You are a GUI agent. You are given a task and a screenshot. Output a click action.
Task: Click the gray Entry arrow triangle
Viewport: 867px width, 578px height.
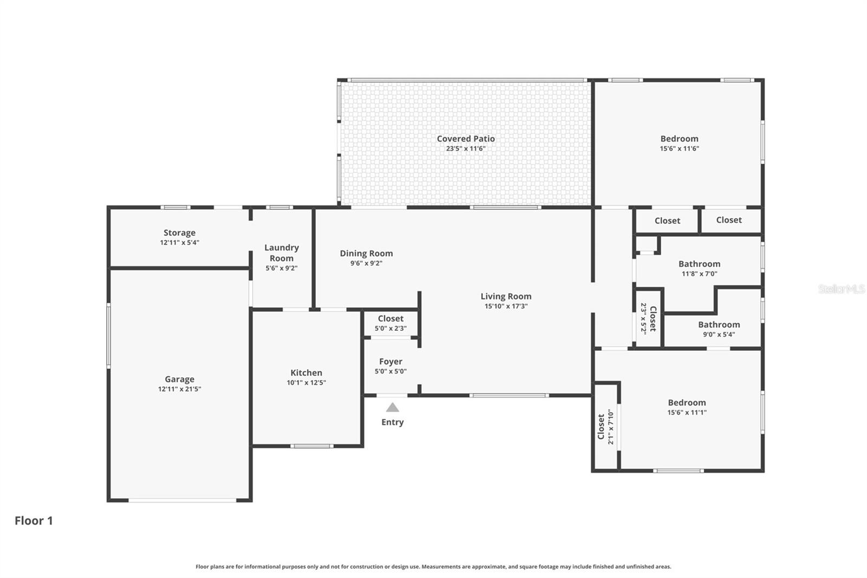[392, 408]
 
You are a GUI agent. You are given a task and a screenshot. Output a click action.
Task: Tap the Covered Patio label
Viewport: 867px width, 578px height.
[465, 139]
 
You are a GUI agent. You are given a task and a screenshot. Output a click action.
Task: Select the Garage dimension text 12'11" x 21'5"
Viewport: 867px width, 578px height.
[179, 389]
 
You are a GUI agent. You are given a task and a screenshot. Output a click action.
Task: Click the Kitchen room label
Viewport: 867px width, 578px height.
[306, 373]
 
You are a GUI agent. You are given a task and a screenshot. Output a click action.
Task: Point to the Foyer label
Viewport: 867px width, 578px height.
[391, 362]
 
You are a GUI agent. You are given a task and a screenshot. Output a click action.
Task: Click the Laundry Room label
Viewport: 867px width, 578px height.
[281, 253]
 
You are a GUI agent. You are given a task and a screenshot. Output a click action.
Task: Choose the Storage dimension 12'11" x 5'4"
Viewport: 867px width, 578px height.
[179, 242]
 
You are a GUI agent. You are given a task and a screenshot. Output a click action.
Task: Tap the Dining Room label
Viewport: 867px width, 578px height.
[366, 253]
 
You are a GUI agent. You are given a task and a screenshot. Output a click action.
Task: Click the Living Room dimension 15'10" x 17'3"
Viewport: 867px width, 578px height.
[506, 306]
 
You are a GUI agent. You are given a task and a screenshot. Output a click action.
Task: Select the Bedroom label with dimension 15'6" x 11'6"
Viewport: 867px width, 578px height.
[679, 139]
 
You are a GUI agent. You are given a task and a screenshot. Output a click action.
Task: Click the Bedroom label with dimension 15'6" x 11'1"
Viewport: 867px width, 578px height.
[687, 402]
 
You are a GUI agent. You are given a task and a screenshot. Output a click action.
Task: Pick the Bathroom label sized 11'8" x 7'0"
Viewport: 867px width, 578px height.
[699, 264]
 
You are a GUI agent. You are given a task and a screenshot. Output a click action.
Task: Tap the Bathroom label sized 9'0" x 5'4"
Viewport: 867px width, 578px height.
[719, 325]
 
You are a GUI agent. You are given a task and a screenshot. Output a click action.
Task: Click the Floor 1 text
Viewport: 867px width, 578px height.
[34, 521]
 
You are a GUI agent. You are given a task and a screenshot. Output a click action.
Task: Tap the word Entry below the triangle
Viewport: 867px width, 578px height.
[392, 422]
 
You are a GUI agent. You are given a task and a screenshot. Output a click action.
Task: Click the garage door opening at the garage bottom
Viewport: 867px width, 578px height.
[182, 500]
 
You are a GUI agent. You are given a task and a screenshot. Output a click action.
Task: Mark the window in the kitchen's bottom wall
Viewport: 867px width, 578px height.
[311, 446]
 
